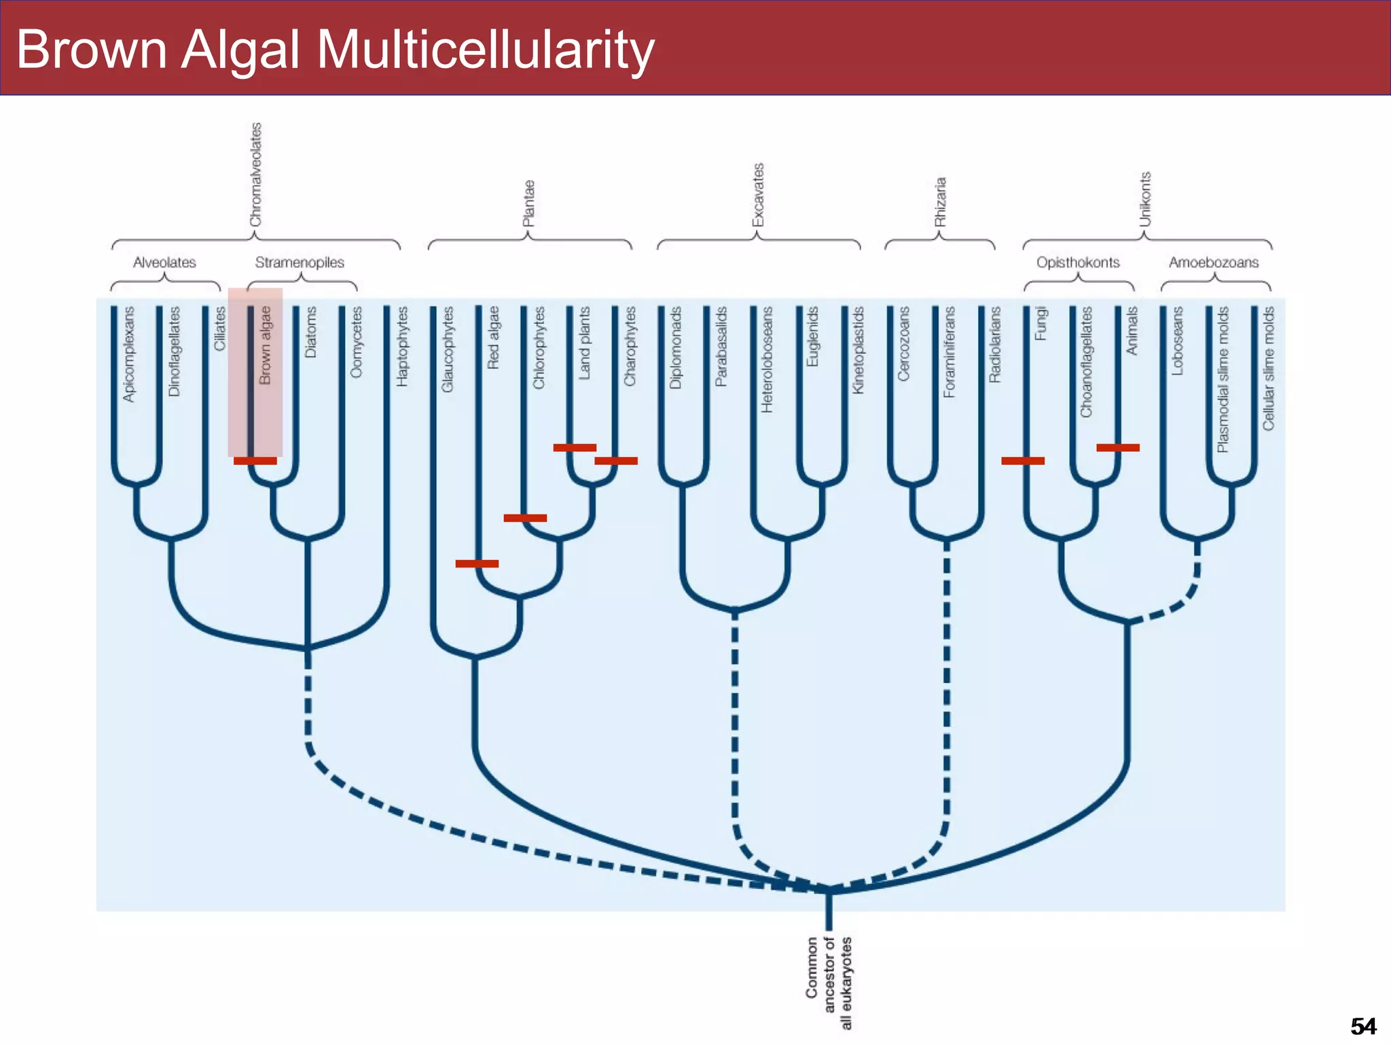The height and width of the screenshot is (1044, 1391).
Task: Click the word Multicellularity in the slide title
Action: [x=485, y=50]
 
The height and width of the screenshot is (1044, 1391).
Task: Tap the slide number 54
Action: [x=1362, y=1026]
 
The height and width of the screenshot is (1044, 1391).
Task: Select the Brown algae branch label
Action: [x=265, y=345]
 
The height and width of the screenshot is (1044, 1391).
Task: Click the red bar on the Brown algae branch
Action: [x=255, y=461]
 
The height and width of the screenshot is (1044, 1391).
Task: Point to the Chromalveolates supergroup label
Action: [x=255, y=175]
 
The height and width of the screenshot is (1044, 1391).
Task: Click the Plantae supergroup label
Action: [x=528, y=203]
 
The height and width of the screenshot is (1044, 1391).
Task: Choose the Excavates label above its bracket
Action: [x=758, y=195]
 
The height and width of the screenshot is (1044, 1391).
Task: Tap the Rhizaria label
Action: [x=940, y=202]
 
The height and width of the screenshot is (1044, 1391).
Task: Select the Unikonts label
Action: [x=1145, y=199]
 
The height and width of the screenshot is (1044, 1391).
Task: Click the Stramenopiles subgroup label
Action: [x=300, y=262]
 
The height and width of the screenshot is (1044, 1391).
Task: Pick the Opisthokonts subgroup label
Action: [x=1078, y=262]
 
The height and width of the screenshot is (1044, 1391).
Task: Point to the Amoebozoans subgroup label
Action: [x=1214, y=262]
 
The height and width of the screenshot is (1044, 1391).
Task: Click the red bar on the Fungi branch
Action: [x=1023, y=461]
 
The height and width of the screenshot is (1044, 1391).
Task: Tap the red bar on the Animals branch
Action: [x=1118, y=447]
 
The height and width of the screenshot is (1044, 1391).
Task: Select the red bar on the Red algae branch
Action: [x=477, y=563]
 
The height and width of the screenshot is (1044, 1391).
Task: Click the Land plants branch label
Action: [x=584, y=343]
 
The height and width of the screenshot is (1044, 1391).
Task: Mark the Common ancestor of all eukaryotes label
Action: [x=829, y=983]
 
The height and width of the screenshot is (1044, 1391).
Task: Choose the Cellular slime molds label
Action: [x=1268, y=368]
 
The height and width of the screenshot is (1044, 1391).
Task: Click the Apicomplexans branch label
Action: [x=128, y=353]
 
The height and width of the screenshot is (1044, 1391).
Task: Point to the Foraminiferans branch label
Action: [x=949, y=351]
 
